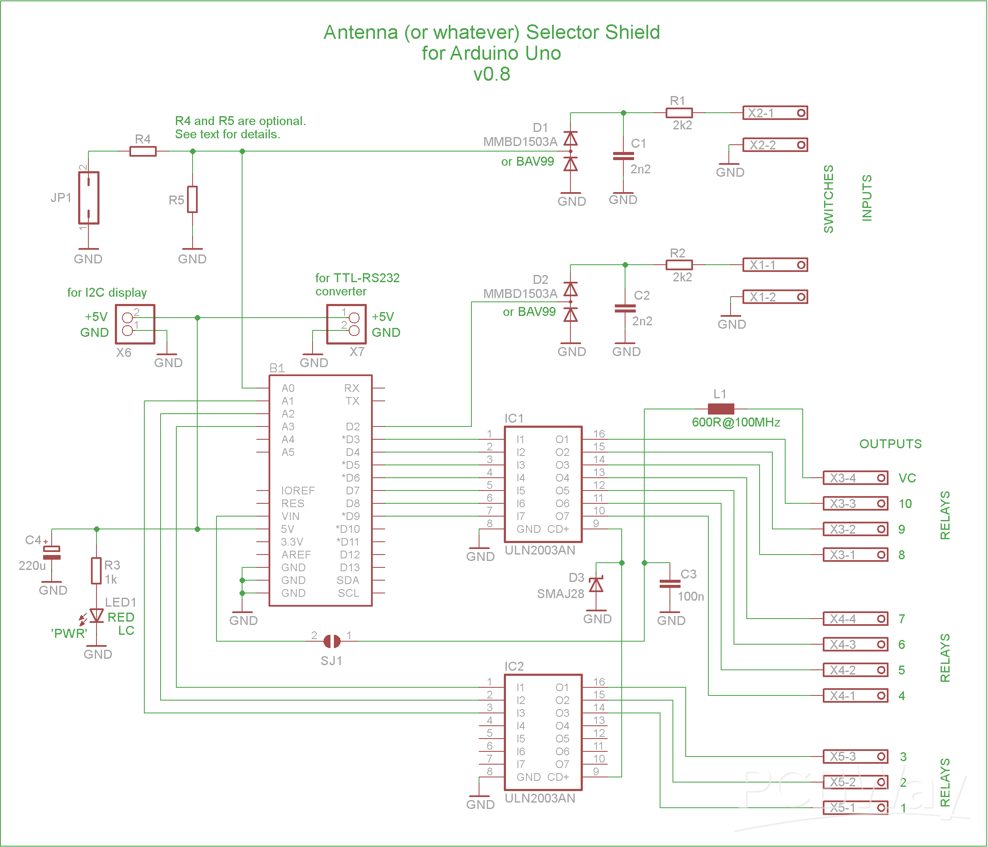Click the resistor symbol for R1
(x=678, y=113)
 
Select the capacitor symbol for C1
(x=623, y=156)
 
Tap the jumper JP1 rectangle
(x=89, y=198)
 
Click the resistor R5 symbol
(x=192, y=199)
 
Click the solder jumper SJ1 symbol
(x=332, y=641)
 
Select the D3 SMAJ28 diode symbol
(x=596, y=584)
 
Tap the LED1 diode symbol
(x=97, y=615)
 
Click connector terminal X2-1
(x=775, y=113)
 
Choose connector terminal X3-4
(x=856, y=478)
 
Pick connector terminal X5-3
(x=856, y=756)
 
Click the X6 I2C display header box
(x=135, y=324)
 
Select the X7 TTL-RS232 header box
(x=346, y=324)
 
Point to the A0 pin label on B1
(x=288, y=388)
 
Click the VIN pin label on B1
(x=290, y=516)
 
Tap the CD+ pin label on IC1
(x=558, y=529)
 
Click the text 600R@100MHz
(x=736, y=422)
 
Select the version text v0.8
(x=491, y=74)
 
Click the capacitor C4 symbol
(x=52, y=552)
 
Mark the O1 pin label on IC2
(x=562, y=687)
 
